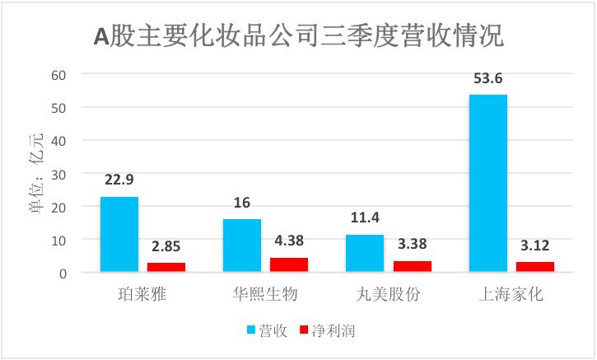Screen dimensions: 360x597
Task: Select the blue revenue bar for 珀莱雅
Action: (119, 234)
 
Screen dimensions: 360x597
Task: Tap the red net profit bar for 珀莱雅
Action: (166, 267)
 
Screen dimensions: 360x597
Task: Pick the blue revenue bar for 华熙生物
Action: (242, 245)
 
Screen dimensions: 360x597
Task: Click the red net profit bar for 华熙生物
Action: (289, 264)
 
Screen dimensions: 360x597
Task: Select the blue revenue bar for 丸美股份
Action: (365, 253)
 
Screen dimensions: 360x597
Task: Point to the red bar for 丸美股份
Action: (412, 266)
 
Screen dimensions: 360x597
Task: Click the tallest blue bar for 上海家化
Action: (487, 183)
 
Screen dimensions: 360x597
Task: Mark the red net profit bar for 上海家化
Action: (534, 267)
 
